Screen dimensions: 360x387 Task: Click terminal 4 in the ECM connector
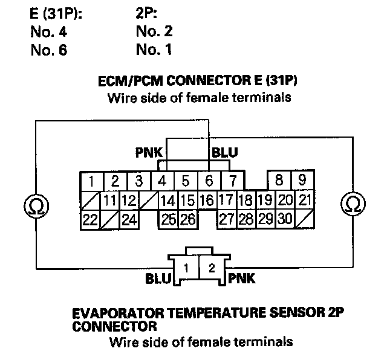163,181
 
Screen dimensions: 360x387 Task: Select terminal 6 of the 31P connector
209,181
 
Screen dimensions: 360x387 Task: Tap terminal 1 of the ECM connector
91,181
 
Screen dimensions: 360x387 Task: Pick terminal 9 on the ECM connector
302,180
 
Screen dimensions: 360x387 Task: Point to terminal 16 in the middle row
207,200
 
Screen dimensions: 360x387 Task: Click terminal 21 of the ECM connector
305,200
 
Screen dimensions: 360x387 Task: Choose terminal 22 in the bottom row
90,220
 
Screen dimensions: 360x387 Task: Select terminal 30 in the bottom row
285,220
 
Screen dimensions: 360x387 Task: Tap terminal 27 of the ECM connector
226,220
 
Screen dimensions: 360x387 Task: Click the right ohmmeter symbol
350,204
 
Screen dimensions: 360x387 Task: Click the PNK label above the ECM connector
149,153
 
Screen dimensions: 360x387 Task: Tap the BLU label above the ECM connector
225,153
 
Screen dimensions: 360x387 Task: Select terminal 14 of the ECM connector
168,200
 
